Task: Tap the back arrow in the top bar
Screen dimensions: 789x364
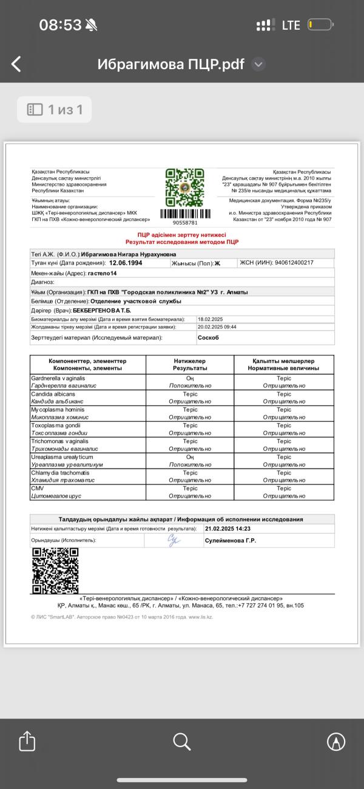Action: (16, 64)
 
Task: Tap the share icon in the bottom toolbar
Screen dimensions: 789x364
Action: (27, 740)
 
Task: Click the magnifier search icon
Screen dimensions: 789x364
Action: (182, 740)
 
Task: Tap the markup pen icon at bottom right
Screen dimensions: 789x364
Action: (336, 740)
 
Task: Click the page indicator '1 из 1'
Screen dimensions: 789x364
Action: (55, 109)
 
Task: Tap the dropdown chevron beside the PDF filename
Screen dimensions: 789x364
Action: (258, 64)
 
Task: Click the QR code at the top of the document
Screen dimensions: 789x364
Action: (184, 186)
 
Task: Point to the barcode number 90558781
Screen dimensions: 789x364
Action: (185, 223)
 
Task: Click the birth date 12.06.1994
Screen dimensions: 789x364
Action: (129, 263)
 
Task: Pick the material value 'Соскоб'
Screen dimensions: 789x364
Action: (208, 337)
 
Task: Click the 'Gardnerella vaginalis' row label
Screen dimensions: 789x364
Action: (58, 378)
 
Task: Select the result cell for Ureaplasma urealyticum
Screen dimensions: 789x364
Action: (190, 460)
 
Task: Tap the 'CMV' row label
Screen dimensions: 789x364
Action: (37, 488)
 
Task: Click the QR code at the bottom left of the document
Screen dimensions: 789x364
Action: (55, 571)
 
